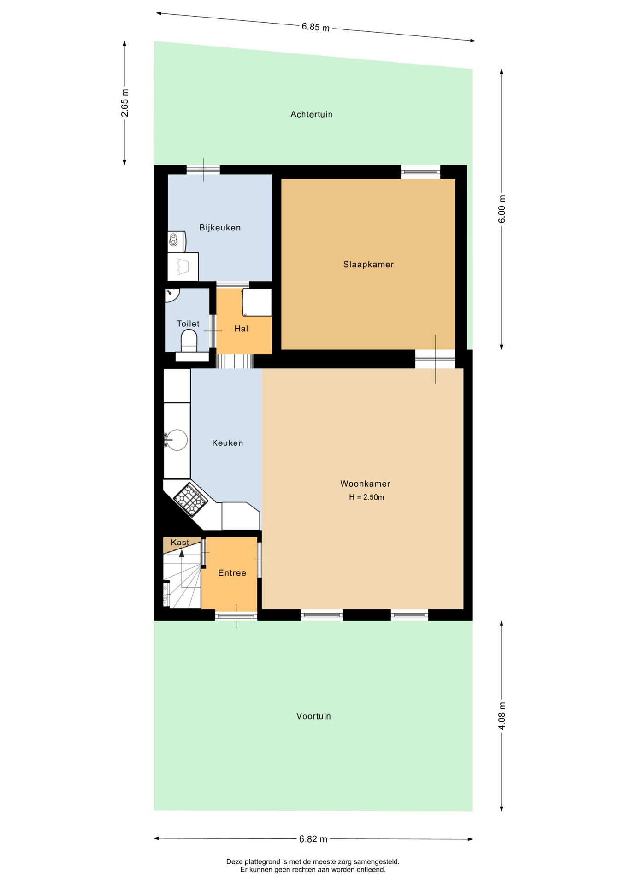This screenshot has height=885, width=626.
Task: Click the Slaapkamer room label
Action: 368,265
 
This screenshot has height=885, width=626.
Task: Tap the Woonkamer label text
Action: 365,484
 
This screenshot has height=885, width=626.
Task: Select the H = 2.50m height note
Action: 366,497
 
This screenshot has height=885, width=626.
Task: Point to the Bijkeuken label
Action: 220,228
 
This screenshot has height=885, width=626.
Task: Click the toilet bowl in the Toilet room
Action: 189,341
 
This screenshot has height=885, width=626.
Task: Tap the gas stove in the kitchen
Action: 190,500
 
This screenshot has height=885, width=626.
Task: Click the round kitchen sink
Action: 177,440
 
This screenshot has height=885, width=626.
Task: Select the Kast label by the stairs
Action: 180,543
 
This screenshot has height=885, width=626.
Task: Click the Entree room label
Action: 232,573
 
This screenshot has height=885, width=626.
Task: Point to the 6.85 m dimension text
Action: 316,27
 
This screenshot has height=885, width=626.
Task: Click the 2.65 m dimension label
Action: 124,103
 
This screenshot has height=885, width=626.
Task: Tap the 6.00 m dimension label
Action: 502,209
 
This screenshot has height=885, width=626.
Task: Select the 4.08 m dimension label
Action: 502,716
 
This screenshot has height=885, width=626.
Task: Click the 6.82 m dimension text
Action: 313,839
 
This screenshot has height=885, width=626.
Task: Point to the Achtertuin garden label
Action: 311,114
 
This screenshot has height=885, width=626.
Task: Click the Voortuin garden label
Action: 313,716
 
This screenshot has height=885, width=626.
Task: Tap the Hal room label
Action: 241,329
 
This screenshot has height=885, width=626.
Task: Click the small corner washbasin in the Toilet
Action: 171,294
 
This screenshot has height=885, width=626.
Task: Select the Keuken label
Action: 227,443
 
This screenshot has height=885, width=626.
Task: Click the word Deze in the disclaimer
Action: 234,861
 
